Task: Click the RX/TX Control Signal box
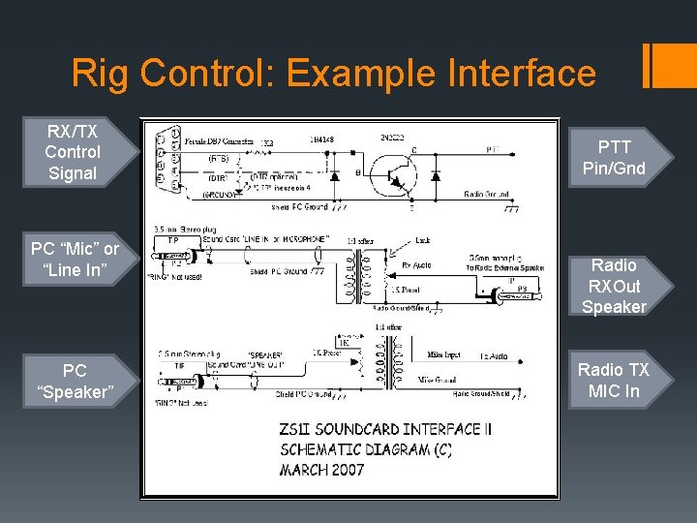tap(73, 152)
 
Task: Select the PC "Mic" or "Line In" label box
tap(75, 260)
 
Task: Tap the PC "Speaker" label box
tap(75, 381)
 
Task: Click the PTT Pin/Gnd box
tap(614, 158)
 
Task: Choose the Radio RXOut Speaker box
tap(614, 286)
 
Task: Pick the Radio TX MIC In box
tap(614, 380)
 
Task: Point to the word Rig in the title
tap(99, 74)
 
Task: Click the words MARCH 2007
tap(321, 470)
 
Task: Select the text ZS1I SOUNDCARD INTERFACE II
tap(378, 429)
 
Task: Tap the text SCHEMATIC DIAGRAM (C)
tap(365, 449)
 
